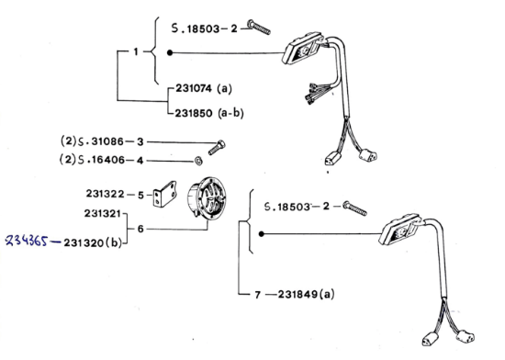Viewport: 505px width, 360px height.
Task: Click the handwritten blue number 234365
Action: pos(27,241)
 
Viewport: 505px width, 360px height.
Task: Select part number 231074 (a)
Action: pos(204,88)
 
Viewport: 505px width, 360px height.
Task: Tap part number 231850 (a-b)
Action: pos(209,113)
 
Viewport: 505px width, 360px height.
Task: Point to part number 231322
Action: pos(105,194)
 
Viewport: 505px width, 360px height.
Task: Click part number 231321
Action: pos(103,213)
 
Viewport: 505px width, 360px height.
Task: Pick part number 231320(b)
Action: pos(93,242)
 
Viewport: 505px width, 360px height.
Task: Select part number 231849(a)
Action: pos(306,294)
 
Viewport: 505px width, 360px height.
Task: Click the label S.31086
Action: pos(101,141)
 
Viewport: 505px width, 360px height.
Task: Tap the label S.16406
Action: pos(101,160)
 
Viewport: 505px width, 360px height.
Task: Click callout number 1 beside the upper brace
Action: pos(136,51)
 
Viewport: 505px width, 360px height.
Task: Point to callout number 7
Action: pos(257,295)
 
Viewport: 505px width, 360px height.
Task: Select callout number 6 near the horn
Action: pos(140,229)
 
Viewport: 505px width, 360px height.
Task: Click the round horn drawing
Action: pos(207,198)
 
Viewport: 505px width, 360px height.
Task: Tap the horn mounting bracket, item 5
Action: pos(164,194)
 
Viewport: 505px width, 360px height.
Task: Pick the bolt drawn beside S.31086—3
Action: pos(217,148)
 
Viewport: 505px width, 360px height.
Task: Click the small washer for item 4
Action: pos(198,161)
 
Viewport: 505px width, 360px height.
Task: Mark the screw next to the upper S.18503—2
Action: pos(259,27)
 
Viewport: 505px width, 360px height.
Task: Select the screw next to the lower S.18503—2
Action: pos(354,208)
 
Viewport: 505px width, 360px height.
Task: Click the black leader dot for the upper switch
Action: pos(170,53)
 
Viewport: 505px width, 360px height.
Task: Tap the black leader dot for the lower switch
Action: pos(262,234)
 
